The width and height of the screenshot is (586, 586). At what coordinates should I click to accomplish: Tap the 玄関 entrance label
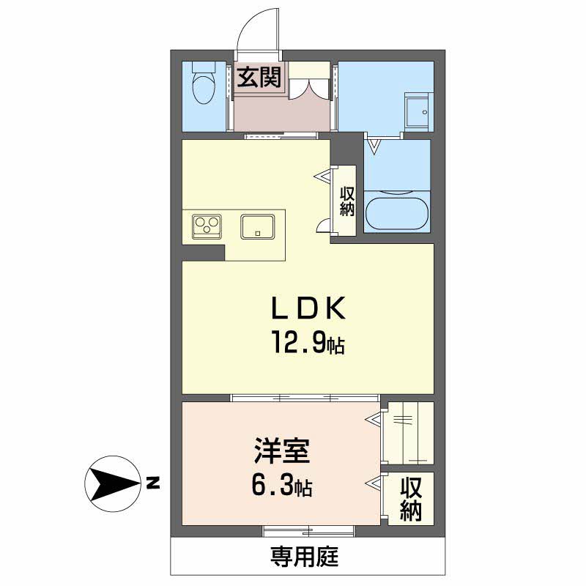pos(259,78)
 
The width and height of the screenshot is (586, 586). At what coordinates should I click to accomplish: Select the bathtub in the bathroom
pos(396,212)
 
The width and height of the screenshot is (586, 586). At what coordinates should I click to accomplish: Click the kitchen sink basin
pos(258,227)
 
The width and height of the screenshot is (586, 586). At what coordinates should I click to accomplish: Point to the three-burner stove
pos(207,226)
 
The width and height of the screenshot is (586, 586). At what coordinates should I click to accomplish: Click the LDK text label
pos(308,308)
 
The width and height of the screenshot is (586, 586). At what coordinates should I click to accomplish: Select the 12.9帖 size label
pos(308,342)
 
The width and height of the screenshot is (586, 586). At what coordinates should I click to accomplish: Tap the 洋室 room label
pos(282,450)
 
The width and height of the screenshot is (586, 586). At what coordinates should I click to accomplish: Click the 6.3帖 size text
pos(282,486)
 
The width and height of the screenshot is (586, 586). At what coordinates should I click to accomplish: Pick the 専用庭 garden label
pos(305,557)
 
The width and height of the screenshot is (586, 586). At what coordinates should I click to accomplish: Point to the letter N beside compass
pos(152,483)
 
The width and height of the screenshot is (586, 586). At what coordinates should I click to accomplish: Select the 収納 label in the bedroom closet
pos(411,500)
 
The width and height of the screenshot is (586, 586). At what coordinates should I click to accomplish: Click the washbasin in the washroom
pos(418,112)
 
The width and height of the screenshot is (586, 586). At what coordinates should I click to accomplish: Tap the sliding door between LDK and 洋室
pos(305,397)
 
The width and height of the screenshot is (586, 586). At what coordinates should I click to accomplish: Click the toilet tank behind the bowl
pos(204,67)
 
